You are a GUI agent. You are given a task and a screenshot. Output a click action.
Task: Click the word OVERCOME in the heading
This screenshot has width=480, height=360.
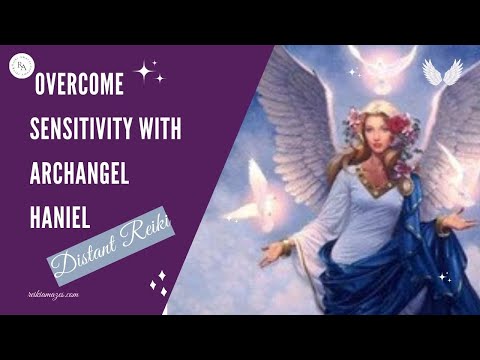click(x=79, y=86)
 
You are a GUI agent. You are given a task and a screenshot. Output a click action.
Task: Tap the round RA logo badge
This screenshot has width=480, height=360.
click(x=22, y=67)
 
